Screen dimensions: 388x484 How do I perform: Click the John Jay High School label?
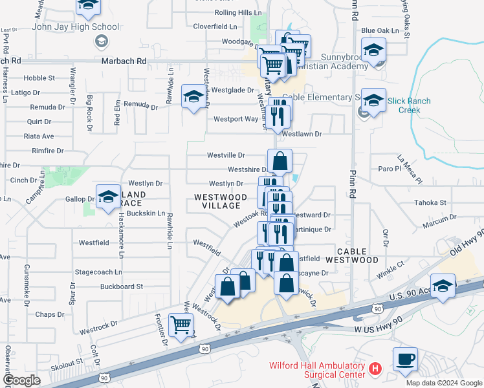[x=76, y=27]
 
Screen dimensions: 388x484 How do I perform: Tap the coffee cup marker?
[x=405, y=359]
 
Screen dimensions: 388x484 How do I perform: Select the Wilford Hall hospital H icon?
[x=374, y=369]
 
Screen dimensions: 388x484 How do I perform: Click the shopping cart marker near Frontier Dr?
[x=181, y=325]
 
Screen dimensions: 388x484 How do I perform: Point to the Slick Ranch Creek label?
[x=404, y=105]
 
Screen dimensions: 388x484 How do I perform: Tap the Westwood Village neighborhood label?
[x=221, y=200]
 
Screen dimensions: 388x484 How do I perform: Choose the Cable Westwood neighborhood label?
[x=357, y=255]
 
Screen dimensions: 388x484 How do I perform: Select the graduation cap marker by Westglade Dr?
[x=193, y=96]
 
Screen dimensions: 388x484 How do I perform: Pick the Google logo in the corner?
[x=21, y=380]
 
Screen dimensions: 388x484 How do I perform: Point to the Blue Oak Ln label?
[x=380, y=30]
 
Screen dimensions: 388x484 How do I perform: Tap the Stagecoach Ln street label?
[x=98, y=272]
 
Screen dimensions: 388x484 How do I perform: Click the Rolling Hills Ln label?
[x=238, y=12]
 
